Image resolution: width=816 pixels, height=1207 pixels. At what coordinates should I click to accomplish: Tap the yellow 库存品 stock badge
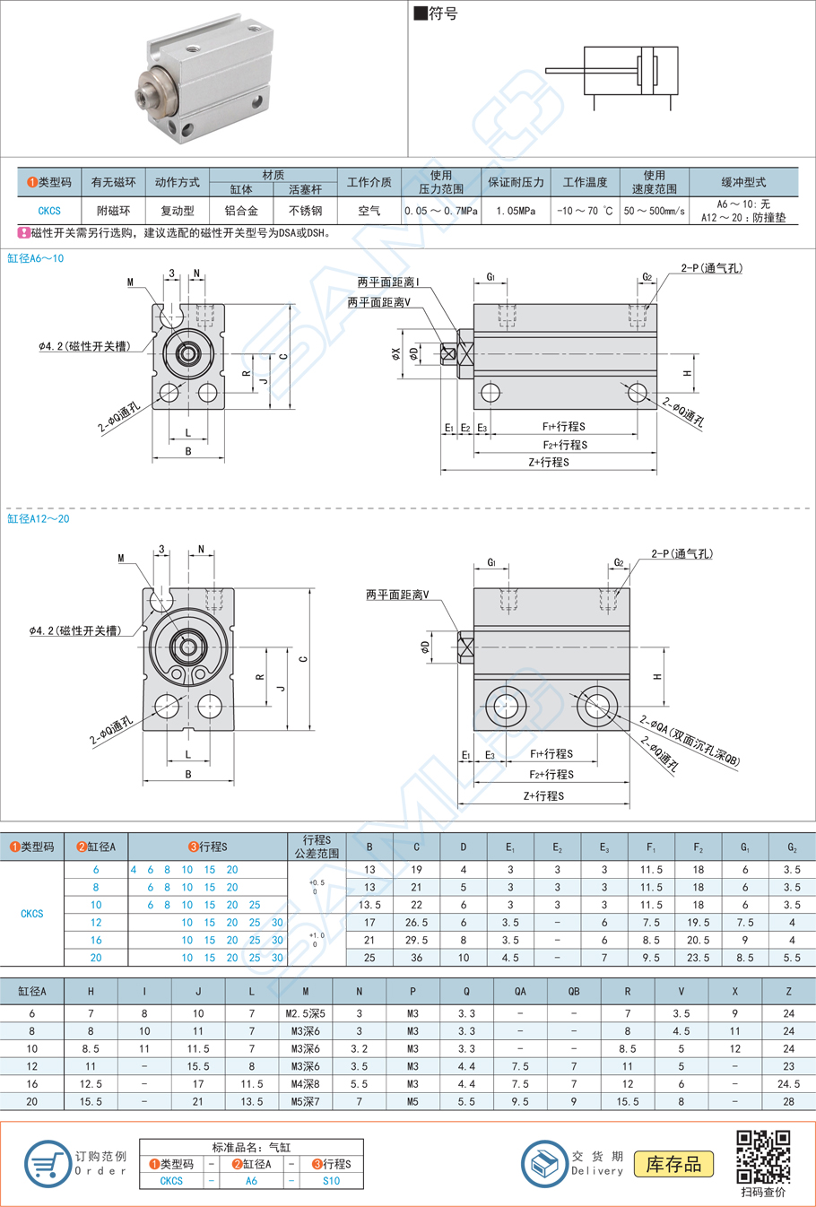pyautogui.click(x=673, y=1164)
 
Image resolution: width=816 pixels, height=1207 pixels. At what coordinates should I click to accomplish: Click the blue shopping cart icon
pyautogui.click(x=47, y=1164)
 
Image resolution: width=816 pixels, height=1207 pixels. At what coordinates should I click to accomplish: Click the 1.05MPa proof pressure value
pyautogui.click(x=516, y=212)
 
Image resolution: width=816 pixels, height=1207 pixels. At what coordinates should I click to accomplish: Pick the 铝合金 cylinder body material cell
pyautogui.click(x=241, y=212)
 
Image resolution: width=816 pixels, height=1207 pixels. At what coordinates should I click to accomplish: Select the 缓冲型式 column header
pyautogui.click(x=743, y=182)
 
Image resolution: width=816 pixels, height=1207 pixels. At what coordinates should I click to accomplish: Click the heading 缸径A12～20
pyautogui.click(x=39, y=519)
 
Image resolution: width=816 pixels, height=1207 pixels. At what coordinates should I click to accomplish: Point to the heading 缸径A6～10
pyautogui.click(x=36, y=258)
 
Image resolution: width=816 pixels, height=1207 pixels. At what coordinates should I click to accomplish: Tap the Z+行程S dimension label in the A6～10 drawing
pyautogui.click(x=548, y=463)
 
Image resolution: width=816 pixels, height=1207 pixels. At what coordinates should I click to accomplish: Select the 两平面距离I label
pyautogui.click(x=388, y=282)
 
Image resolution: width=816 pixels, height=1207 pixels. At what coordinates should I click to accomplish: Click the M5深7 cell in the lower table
pyautogui.click(x=305, y=1101)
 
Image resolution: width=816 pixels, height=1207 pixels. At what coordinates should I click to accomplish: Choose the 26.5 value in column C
pyautogui.click(x=416, y=922)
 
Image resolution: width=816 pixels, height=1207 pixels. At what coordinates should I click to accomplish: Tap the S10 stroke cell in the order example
pyautogui.click(x=331, y=1181)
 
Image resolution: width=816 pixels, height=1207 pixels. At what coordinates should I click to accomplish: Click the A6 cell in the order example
pyautogui.click(x=251, y=1181)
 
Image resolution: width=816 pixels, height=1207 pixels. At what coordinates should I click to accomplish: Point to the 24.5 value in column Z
pyautogui.click(x=788, y=1084)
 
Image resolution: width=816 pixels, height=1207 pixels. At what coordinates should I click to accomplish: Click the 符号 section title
pyautogui.click(x=437, y=13)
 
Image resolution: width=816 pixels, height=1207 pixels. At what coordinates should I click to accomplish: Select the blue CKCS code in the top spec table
pyautogui.click(x=49, y=212)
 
